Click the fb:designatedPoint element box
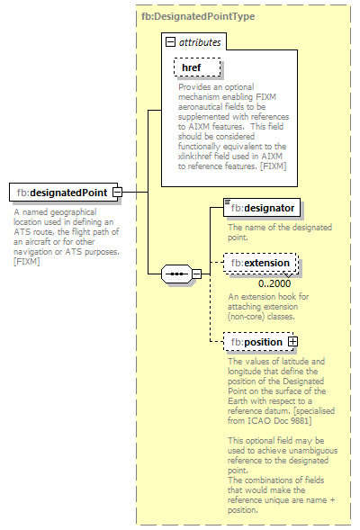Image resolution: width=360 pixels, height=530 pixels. [61, 193]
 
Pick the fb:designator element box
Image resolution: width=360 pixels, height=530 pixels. [261, 208]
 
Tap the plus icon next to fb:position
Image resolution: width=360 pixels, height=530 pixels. [292, 342]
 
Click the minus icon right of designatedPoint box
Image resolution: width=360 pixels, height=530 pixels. [118, 193]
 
